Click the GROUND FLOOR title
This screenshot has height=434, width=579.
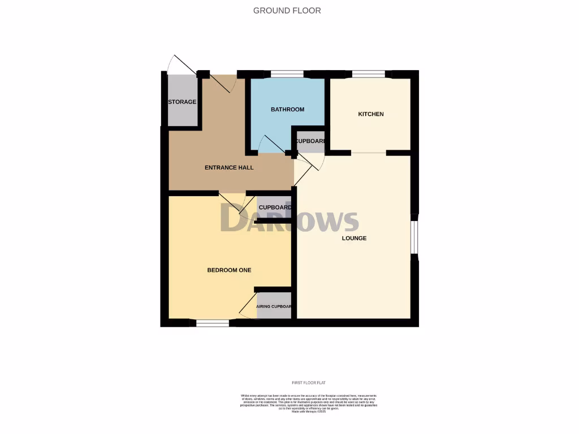pyautogui.click(x=287, y=10)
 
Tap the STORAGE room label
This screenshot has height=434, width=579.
pyautogui.click(x=182, y=102)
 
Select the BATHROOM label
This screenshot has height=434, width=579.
pyautogui.click(x=287, y=110)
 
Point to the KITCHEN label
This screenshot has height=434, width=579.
pyautogui.click(x=371, y=114)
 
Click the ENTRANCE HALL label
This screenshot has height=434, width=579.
pyautogui.click(x=229, y=168)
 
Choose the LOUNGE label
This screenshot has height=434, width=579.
pyautogui.click(x=354, y=238)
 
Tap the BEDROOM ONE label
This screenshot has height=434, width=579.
pyautogui.click(x=229, y=270)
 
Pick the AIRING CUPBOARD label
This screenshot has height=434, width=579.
pyautogui.click(x=274, y=307)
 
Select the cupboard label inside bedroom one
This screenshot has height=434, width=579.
pyautogui.click(x=275, y=207)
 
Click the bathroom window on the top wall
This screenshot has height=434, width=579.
pyautogui.click(x=287, y=73)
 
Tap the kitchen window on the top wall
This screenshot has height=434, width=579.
pyautogui.click(x=369, y=73)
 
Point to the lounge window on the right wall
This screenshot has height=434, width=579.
pyautogui.click(x=414, y=238)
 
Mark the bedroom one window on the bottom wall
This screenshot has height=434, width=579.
pyautogui.click(x=213, y=323)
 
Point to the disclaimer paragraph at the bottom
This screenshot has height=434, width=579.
pyautogui.click(x=309, y=403)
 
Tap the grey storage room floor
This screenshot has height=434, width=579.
pyautogui.click(x=183, y=116)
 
